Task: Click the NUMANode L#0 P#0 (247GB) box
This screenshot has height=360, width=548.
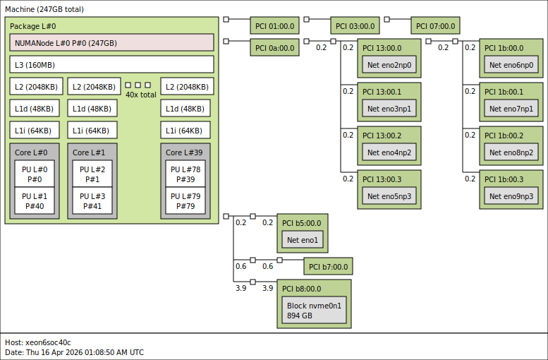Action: [x=111, y=42]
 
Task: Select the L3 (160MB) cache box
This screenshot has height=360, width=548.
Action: [x=111, y=65]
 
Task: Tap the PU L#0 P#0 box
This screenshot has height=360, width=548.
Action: [x=34, y=174]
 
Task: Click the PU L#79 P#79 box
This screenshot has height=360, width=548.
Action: [x=185, y=200]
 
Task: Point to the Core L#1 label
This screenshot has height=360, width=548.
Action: [x=89, y=152]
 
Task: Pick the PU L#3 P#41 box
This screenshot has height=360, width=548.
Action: [x=92, y=200]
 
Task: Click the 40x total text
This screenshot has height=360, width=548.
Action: [x=141, y=95]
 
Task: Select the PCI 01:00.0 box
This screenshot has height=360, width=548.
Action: [x=275, y=26]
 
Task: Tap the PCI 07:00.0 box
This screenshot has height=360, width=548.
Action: [x=435, y=26]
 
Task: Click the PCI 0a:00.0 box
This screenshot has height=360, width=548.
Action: [x=275, y=47]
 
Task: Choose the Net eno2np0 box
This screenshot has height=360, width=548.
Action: [x=389, y=66]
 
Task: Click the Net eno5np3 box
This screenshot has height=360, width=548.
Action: [x=389, y=196]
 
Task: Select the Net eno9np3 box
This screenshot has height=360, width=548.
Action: [x=511, y=196]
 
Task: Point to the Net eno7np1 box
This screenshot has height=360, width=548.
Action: [x=511, y=109]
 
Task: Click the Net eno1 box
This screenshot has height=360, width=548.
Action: [x=303, y=240]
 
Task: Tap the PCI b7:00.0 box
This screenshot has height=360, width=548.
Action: [x=328, y=266]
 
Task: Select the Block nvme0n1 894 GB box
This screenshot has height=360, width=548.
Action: [x=314, y=311]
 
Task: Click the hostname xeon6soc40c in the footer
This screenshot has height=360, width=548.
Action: [x=47, y=342]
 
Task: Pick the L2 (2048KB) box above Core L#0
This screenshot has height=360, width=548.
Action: [x=34, y=87]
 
